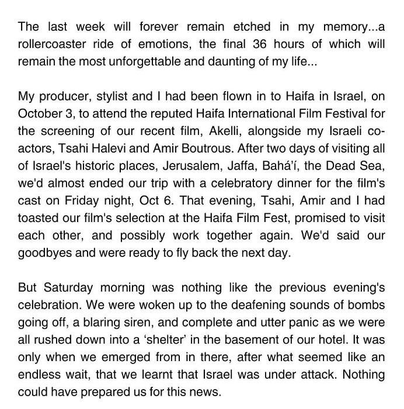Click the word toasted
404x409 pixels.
[x=40, y=218]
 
